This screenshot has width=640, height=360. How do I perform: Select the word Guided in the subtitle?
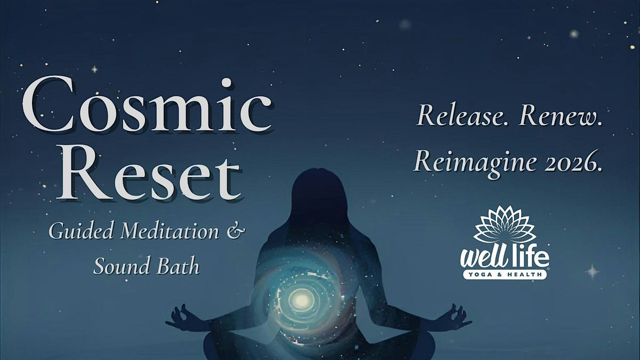pos(81,232)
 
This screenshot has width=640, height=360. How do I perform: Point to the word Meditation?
pos(170,231)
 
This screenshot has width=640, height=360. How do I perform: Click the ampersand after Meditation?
pos(235,231)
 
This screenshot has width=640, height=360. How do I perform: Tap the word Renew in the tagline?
pos(561,115)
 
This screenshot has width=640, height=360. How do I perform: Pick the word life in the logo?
pos(530,257)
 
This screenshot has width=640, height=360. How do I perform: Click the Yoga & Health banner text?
pos(505,275)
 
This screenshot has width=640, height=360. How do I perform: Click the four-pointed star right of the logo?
pos(593,270)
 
